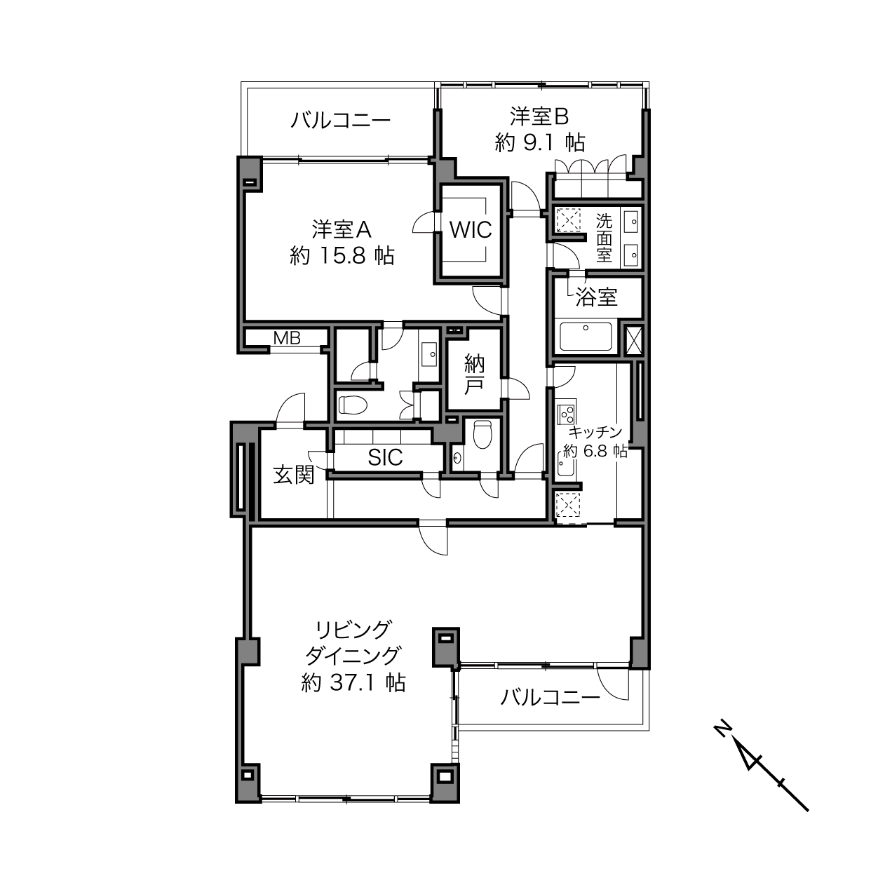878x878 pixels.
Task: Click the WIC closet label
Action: pos(471,229)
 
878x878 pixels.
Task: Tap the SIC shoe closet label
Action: pos(385,457)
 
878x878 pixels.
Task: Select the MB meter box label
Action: pos(287,338)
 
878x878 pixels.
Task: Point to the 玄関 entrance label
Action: pos(294,475)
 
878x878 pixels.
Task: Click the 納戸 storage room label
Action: pos(474,374)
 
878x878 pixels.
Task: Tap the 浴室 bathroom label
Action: pos(596,297)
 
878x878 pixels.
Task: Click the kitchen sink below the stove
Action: pos(567,464)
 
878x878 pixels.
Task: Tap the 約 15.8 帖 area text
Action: pos(342,255)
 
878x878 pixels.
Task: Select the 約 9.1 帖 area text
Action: pos(540,143)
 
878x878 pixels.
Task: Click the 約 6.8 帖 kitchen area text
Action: pos(595,451)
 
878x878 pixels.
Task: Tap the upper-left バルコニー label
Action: pos(341,121)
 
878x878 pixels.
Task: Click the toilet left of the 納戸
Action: pos(353,404)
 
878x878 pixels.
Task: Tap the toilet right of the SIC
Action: pos(483,434)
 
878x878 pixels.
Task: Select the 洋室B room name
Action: pos(539,116)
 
